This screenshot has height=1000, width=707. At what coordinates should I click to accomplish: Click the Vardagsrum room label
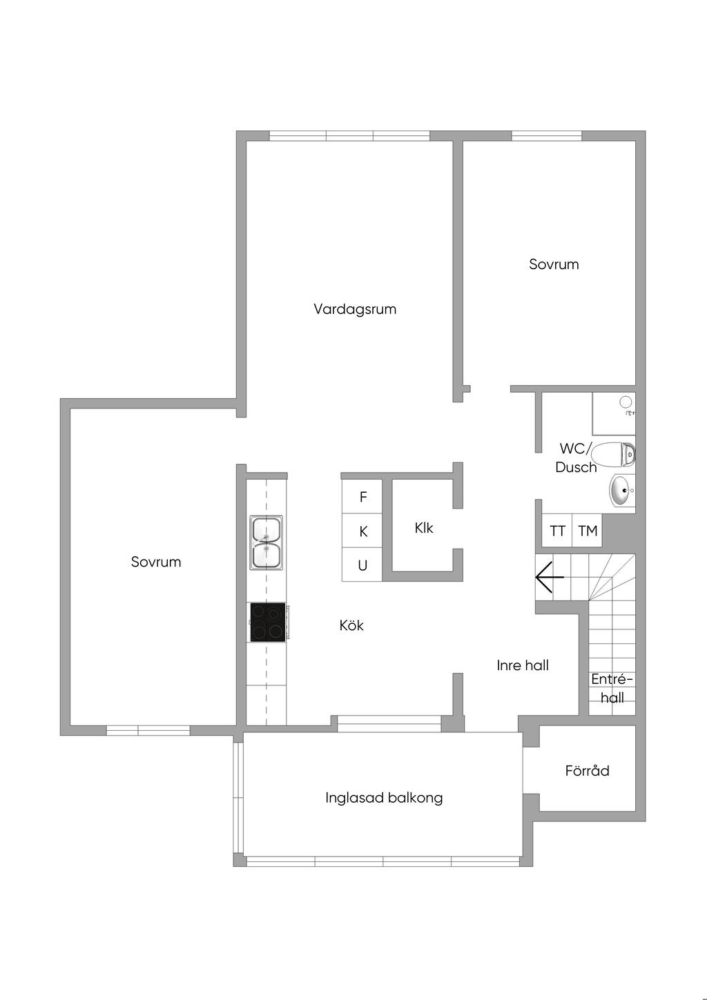pyautogui.click(x=355, y=309)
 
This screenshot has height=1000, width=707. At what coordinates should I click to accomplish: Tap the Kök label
pyautogui.click(x=351, y=625)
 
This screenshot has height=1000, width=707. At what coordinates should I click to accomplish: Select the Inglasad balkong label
pyautogui.click(x=384, y=798)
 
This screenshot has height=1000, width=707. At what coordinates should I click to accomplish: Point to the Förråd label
pyautogui.click(x=587, y=771)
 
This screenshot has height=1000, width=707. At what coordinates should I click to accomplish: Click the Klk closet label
pyautogui.click(x=424, y=528)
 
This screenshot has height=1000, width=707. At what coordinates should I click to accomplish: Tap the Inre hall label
pyautogui.click(x=523, y=665)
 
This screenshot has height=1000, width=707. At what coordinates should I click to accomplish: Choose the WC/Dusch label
pyautogui.click(x=576, y=458)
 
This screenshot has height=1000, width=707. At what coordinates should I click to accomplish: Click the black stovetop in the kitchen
pyautogui.click(x=267, y=622)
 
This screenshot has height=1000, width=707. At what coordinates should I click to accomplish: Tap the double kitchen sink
pyautogui.click(x=267, y=543)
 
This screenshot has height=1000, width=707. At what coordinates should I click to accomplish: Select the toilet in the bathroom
pyautogui.click(x=613, y=455)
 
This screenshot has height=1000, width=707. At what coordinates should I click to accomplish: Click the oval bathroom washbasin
pyautogui.click(x=621, y=491)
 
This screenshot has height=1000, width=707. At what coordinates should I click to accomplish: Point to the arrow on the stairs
pyautogui.click(x=550, y=577)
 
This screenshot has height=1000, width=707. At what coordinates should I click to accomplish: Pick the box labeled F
pyautogui.click(x=362, y=496)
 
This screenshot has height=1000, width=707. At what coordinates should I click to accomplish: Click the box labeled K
pyautogui.click(x=362, y=531)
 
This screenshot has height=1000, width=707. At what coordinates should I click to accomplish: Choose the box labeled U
pyautogui.click(x=362, y=565)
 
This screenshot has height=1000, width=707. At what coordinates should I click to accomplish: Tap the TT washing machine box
pyautogui.click(x=557, y=530)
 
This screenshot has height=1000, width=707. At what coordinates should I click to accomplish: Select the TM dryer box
pyautogui.click(x=588, y=530)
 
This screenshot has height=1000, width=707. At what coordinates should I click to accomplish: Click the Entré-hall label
pyautogui.click(x=612, y=688)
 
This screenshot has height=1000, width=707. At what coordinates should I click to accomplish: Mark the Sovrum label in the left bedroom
pyautogui.click(x=156, y=562)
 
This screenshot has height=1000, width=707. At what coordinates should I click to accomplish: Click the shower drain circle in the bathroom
pyautogui.click(x=626, y=402)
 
